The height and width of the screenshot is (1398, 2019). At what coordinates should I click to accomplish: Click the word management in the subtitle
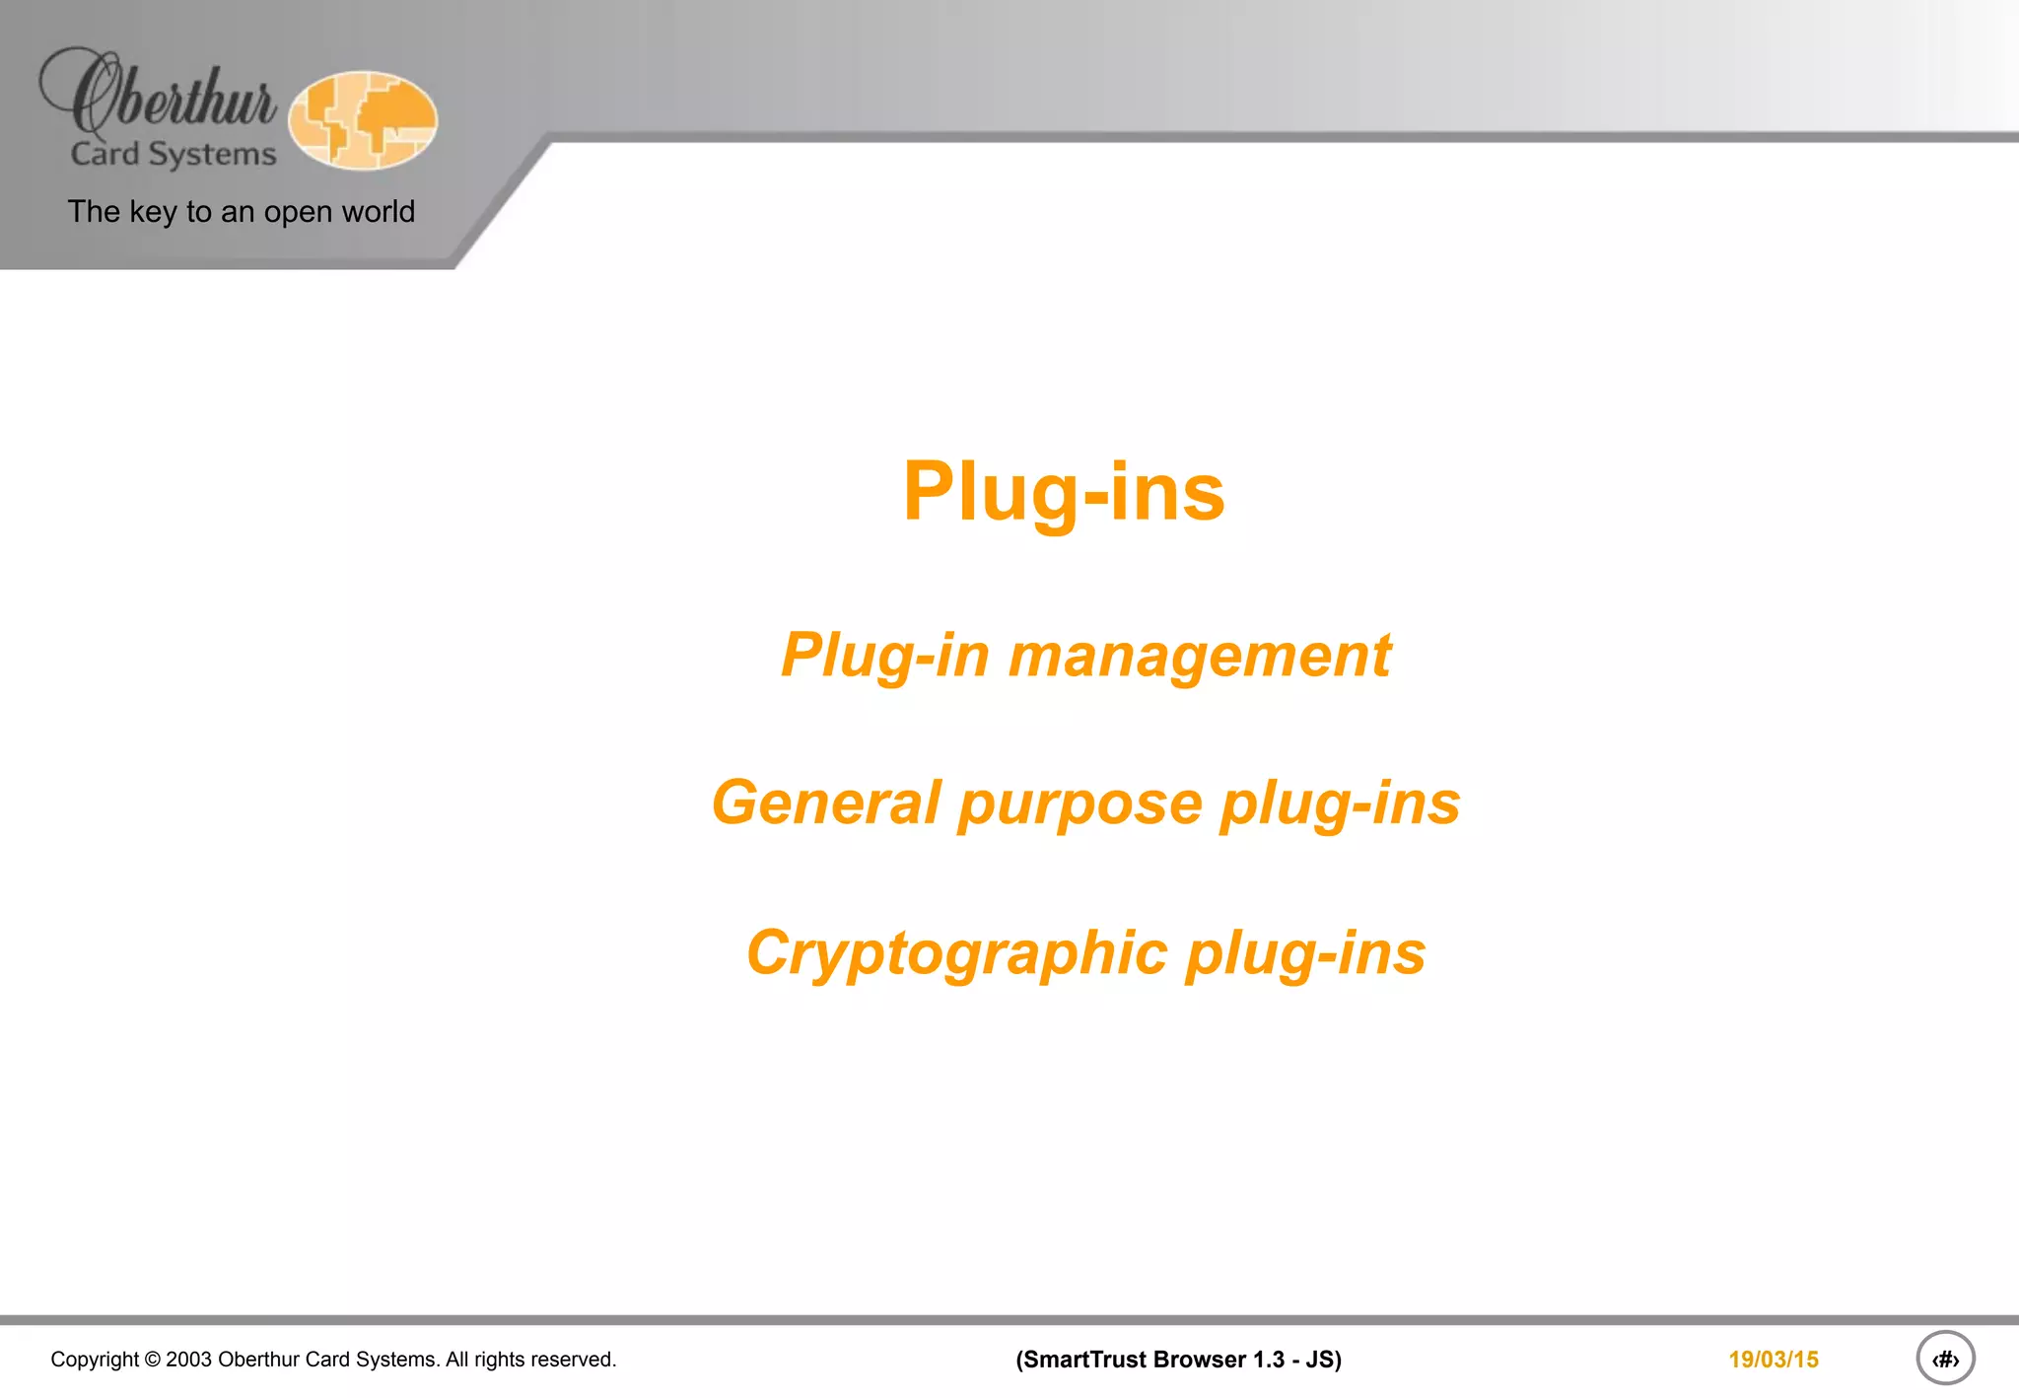1199,656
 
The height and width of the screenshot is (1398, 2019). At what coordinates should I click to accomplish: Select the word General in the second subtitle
826,803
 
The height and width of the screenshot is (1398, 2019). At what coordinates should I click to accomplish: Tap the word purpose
1079,804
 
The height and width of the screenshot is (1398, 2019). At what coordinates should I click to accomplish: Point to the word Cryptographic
957,953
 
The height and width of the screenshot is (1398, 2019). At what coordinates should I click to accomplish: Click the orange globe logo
363,120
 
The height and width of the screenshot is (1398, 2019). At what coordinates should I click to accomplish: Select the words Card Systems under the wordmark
174,155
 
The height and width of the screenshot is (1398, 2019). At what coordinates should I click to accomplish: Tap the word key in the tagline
153,212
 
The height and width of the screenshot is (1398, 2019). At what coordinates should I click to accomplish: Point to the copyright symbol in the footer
153,1360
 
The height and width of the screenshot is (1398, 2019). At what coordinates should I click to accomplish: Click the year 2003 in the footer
188,1360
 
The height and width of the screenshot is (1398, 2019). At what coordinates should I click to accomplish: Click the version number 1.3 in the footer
1269,1360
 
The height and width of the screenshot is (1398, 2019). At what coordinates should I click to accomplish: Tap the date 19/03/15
1773,1360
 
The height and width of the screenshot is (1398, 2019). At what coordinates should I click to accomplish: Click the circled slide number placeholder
1945,1359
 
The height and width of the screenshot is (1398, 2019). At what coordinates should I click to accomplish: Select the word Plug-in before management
884,656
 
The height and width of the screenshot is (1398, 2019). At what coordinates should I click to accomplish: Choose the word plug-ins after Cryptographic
1305,953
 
